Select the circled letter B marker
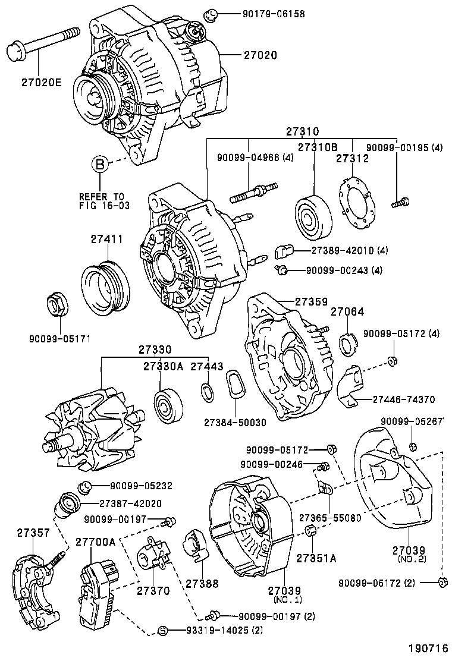pos(101,165)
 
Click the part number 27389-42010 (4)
pos(350,250)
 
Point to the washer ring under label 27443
pos(206,391)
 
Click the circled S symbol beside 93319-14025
pos(163,631)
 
